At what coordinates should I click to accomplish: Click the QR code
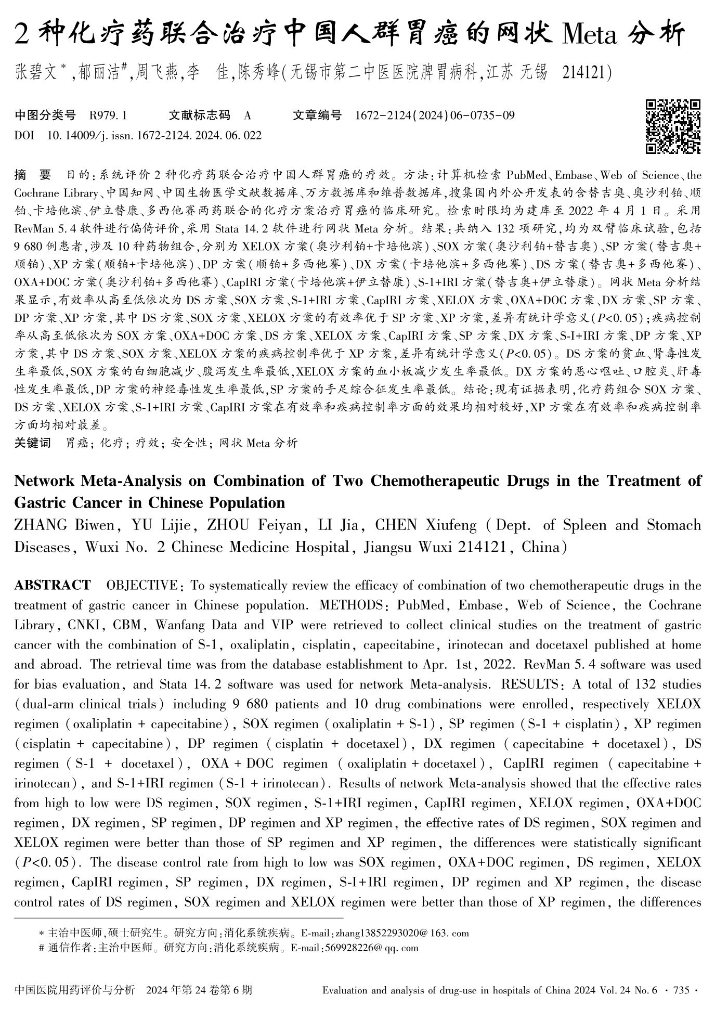pos(673,126)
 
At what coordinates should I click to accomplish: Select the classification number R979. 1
pos(108,115)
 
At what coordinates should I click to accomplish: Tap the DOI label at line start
pos(24,136)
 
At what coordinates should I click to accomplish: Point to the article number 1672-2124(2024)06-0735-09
pos(435,115)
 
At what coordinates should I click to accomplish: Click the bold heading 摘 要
pos(32,175)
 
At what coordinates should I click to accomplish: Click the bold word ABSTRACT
pos(52,585)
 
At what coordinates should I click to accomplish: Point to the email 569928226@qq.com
pos(371,948)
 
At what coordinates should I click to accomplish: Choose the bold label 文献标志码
pos(199,115)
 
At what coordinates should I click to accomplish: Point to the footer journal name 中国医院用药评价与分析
pos(75,990)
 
